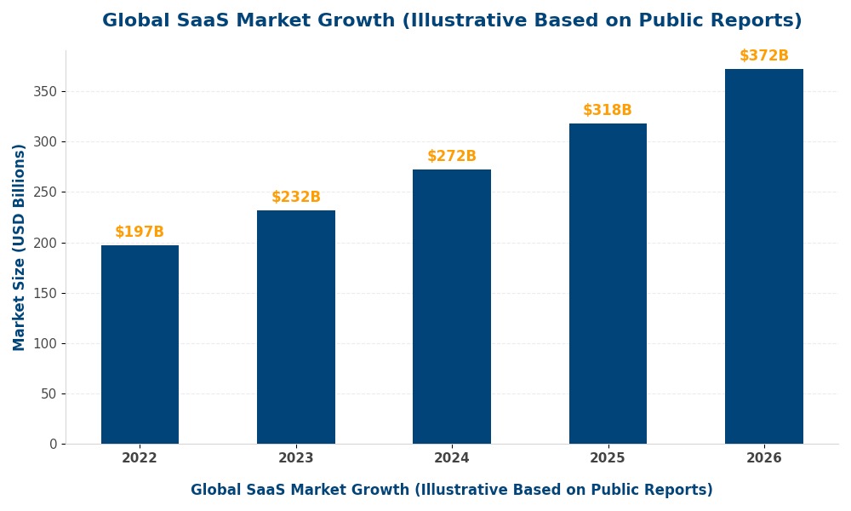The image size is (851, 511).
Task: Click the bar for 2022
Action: click(140, 344)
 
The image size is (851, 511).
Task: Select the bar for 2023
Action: click(296, 327)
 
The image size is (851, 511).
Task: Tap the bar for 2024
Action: click(452, 307)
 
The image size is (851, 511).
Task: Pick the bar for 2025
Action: click(608, 284)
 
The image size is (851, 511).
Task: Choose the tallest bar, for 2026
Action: click(764, 256)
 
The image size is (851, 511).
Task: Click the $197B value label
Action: click(140, 233)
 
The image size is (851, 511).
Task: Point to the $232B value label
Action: click(296, 198)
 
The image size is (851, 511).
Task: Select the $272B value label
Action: click(452, 157)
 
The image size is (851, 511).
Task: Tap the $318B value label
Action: click(608, 111)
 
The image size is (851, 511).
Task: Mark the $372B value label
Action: click(764, 56)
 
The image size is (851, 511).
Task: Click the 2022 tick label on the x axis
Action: click(140, 458)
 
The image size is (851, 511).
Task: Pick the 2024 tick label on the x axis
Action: click(452, 458)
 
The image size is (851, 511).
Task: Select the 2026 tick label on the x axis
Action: click(764, 458)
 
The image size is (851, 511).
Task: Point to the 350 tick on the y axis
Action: click(45, 92)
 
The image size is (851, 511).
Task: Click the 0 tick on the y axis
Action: click(53, 444)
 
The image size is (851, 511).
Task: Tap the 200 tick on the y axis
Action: click(45, 243)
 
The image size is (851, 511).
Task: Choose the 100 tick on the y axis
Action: click(45, 343)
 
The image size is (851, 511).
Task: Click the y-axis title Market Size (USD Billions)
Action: click(20, 247)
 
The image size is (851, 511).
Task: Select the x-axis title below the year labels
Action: click(452, 491)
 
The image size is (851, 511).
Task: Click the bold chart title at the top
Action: click(452, 21)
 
